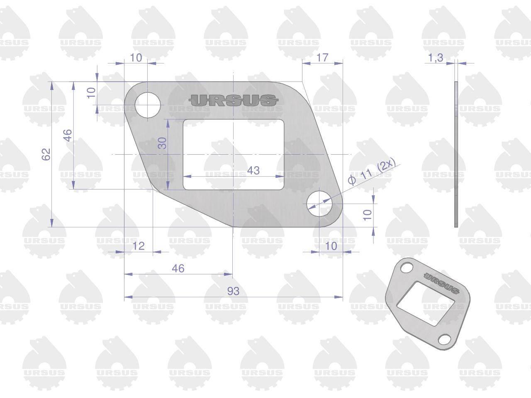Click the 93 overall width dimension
[233, 291]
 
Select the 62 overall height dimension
[46, 154]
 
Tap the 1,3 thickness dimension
[436, 58]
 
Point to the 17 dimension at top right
[322, 58]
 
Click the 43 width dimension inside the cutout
[253, 171]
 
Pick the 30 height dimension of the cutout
[162, 143]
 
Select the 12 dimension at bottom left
[139, 246]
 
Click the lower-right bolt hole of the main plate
[319, 204]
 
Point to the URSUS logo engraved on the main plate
[233, 100]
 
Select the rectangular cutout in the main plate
[234, 154]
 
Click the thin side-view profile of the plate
[456, 154]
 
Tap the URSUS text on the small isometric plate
[442, 284]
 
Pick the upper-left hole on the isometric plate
[407, 268]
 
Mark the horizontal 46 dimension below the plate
[178, 269]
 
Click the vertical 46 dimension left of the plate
[69, 135]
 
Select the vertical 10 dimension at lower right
[368, 215]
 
